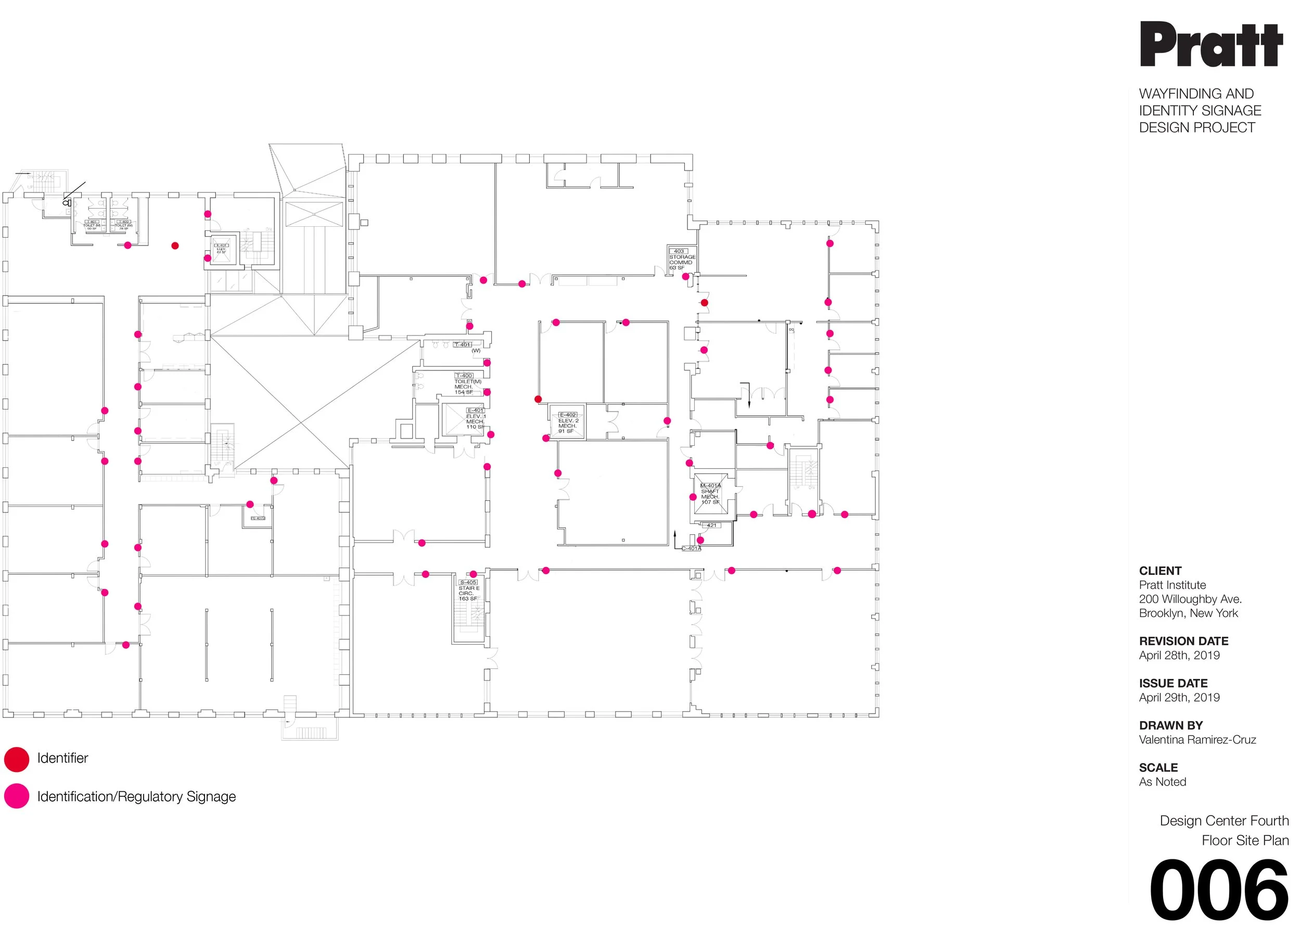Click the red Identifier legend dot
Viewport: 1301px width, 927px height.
click(x=17, y=759)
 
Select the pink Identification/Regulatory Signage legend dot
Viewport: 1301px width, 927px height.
click(x=17, y=796)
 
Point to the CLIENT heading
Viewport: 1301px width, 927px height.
click(x=1160, y=571)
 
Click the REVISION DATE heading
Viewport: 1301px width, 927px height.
click(x=1183, y=641)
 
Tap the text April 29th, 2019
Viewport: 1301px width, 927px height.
click(x=1179, y=697)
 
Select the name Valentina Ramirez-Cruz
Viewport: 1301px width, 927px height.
click(x=1197, y=739)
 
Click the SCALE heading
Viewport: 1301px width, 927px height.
click(x=1158, y=768)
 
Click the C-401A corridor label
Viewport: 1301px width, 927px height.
click(x=691, y=548)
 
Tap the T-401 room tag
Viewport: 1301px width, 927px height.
click(x=463, y=345)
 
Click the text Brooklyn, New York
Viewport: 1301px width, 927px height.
click(x=1188, y=613)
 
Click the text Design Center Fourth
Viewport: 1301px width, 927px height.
click(x=1224, y=820)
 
